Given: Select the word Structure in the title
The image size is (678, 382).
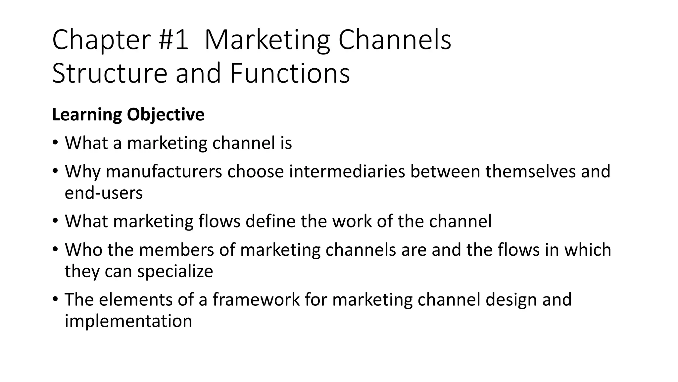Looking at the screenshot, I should (x=110, y=74).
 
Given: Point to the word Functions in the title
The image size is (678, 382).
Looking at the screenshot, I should (x=290, y=74).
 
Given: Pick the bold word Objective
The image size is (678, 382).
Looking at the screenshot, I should (x=166, y=115).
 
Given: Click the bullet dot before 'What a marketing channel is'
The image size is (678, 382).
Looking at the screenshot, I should (x=55, y=143).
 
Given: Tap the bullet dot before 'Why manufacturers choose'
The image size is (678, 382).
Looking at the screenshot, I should (x=55, y=171).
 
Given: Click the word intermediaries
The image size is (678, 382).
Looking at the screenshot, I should (x=347, y=171).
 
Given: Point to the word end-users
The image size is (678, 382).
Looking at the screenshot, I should (x=104, y=193).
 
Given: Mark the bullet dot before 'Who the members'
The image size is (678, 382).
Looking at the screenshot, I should (x=55, y=249).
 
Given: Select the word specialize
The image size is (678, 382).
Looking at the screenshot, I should (x=175, y=271).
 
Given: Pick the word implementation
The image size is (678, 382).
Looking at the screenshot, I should (x=128, y=321).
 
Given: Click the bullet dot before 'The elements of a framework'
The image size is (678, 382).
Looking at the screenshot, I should (x=55, y=299).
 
